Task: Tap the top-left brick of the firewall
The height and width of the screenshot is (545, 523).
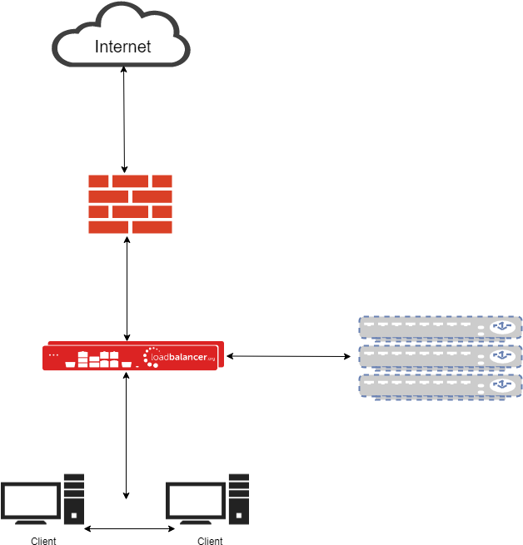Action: [98, 181]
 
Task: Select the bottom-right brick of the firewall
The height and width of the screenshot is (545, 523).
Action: [152, 227]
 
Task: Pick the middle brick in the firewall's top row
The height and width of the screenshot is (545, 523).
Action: [130, 181]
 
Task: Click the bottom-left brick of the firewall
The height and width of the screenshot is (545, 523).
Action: [108, 227]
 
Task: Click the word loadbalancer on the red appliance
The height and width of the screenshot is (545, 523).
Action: [182, 357]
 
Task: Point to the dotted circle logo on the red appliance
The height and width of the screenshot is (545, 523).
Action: [150, 356]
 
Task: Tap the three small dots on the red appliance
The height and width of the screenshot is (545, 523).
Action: [54, 355]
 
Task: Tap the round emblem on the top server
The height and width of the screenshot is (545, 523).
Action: [501, 327]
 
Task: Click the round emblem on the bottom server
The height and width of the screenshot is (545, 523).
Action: [501, 385]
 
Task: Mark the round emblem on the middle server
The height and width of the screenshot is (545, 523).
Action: [501, 356]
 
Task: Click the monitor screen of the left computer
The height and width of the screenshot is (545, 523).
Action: [31, 499]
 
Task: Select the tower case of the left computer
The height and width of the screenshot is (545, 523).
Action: [73, 498]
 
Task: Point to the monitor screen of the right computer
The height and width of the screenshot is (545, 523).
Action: [197, 499]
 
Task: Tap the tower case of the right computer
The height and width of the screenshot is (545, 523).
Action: [239, 498]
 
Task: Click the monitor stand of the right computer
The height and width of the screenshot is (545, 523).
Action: [197, 521]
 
